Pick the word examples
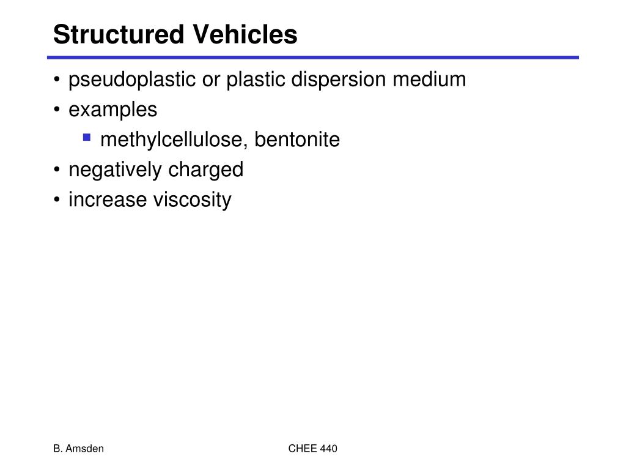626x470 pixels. coord(112,110)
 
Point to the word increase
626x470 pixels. coord(105,200)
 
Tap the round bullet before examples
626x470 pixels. coord(57,111)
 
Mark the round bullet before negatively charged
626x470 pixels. coord(57,171)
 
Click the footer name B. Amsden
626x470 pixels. coord(78,449)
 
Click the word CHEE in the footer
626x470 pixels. coord(303,449)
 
